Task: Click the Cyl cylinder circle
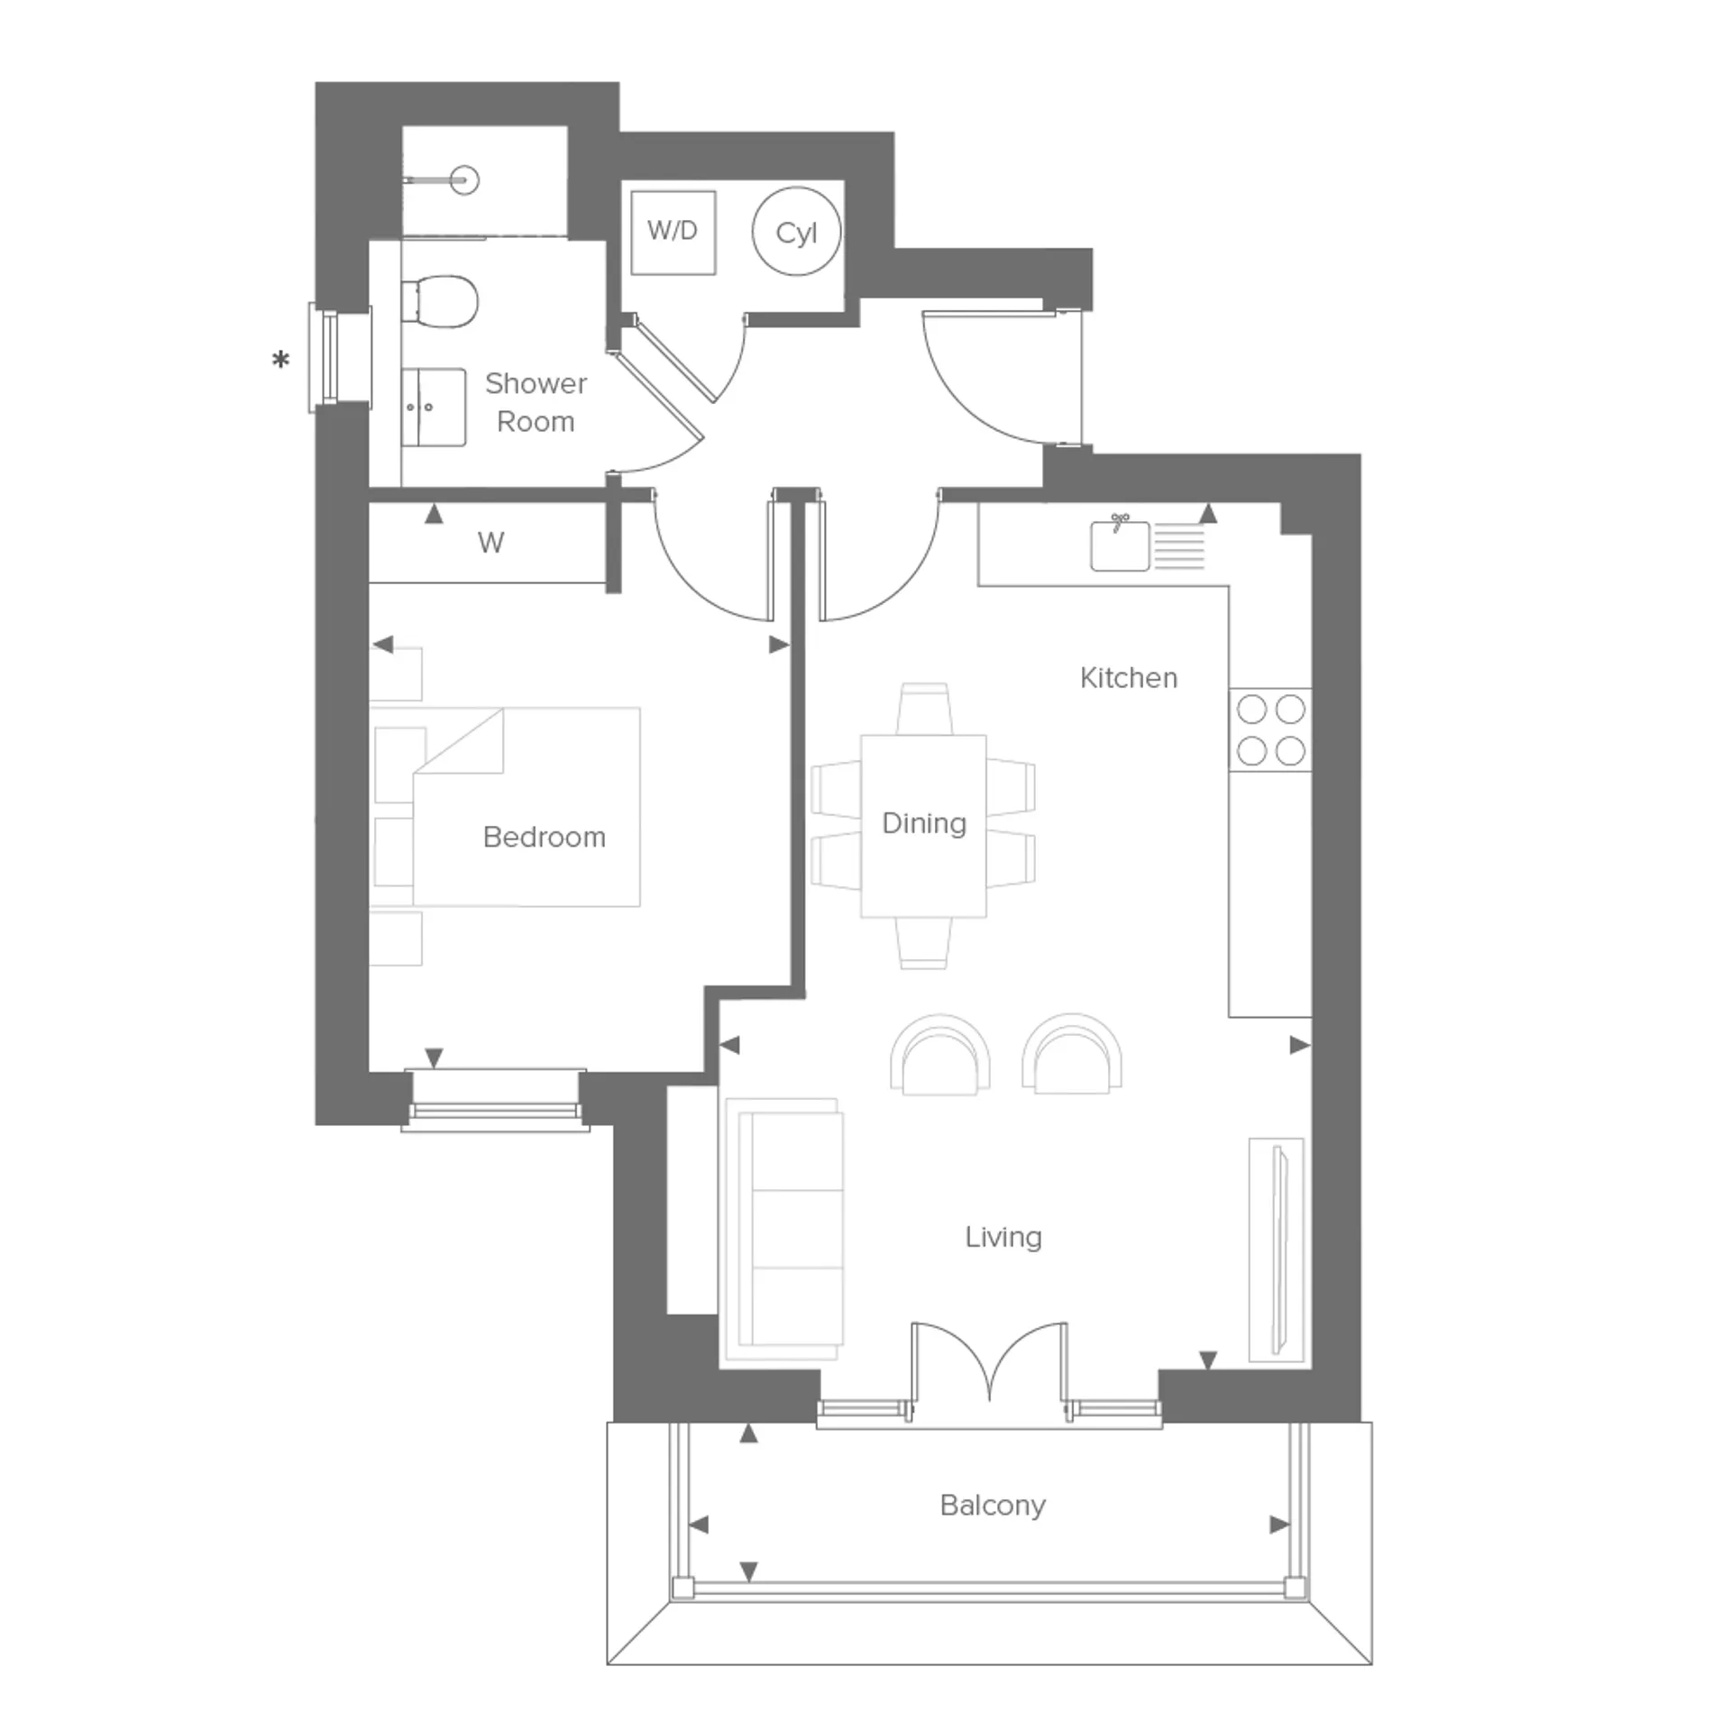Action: [796, 232]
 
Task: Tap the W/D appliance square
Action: [673, 232]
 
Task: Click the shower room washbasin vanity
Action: [434, 407]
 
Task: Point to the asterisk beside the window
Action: [281, 361]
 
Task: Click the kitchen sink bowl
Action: [1120, 545]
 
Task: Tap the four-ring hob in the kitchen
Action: [1270, 729]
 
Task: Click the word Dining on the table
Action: [924, 823]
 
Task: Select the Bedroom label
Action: [545, 837]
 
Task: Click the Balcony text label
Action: [993, 1505]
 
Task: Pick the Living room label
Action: [1003, 1236]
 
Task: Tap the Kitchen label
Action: [1129, 677]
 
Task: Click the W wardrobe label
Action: [491, 543]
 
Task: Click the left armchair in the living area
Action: [940, 1055]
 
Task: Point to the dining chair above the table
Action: [924, 709]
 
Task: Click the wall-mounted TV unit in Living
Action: [1277, 1250]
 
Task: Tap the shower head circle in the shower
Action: [465, 180]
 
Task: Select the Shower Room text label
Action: [536, 402]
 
